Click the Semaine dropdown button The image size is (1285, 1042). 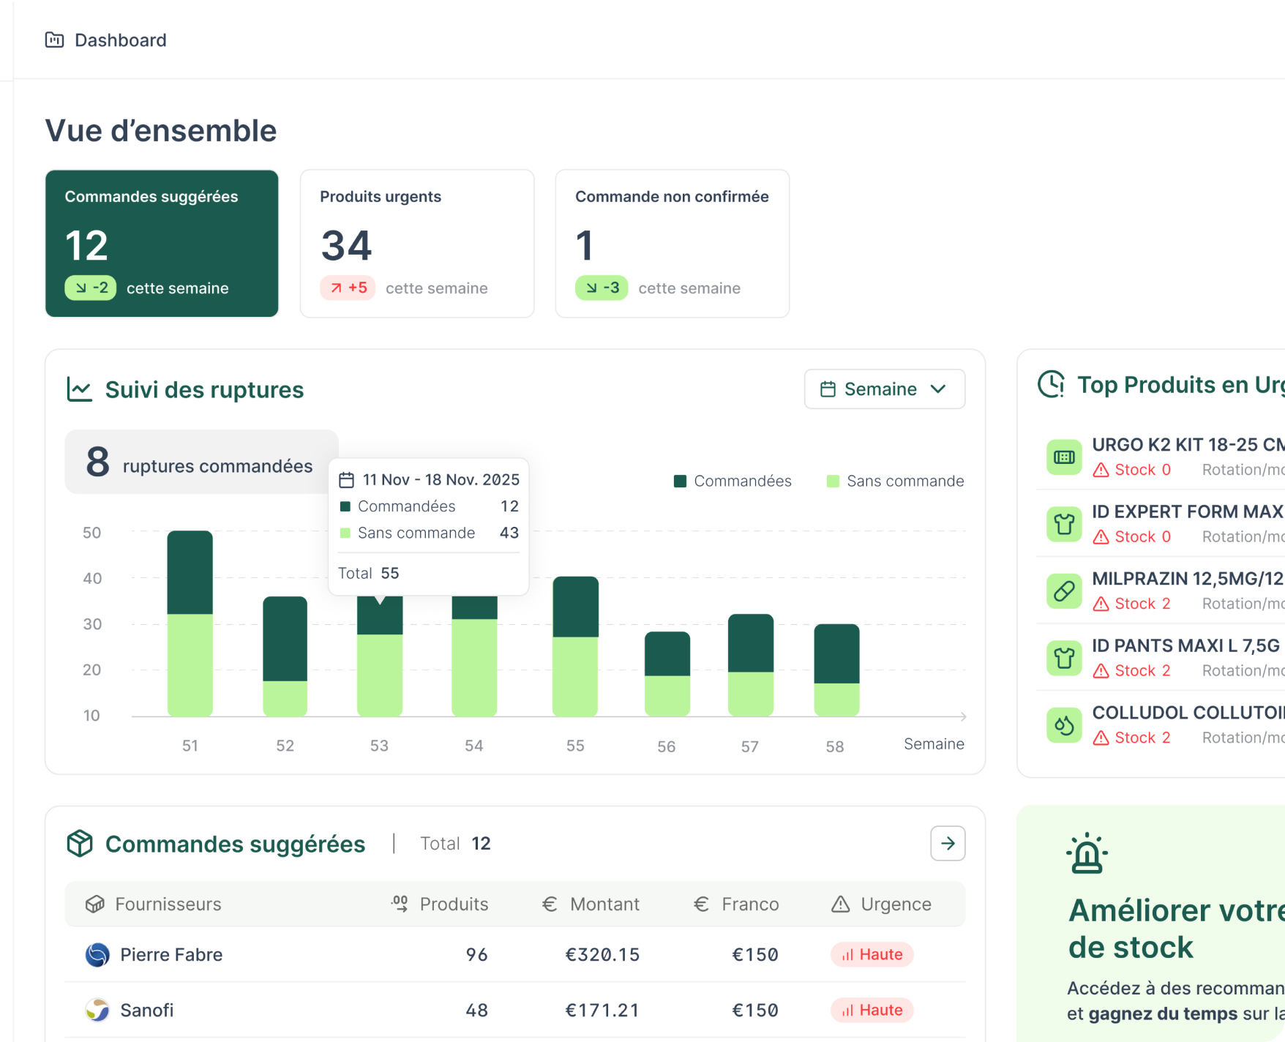pos(884,389)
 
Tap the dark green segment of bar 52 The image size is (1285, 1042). pos(285,638)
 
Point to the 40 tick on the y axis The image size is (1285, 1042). pos(92,579)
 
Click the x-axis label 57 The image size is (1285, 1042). pos(749,746)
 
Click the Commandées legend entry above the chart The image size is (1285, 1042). pos(733,481)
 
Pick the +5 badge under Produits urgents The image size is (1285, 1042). pos(348,288)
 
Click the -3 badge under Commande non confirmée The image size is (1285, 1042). pos(602,288)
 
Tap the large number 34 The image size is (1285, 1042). pos(346,246)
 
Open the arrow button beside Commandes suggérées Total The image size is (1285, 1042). pos(948,844)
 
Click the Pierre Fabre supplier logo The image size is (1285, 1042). pos(97,955)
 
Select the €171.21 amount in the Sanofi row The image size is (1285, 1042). pos(602,1011)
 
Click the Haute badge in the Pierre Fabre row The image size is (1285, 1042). pos(872,955)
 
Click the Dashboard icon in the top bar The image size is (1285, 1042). pos(54,40)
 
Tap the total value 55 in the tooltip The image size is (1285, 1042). pos(390,574)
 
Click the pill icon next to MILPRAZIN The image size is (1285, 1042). pos(1064,591)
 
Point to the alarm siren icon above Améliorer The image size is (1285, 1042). pos(1087,854)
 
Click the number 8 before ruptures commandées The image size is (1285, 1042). pos(97,462)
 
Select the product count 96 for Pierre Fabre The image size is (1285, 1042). pos(476,955)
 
